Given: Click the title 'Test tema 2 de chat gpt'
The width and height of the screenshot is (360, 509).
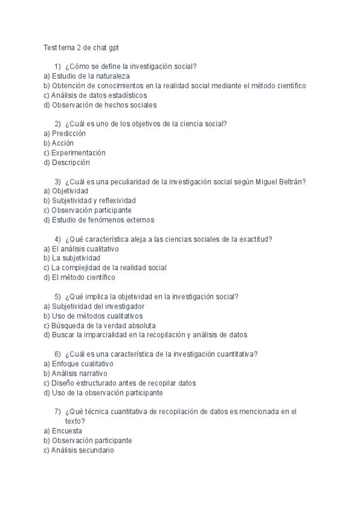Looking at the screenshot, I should (85, 47).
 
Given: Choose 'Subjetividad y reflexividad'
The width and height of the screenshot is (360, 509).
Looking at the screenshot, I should (94, 200).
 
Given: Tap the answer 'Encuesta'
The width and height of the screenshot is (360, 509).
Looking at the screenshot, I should (67, 430).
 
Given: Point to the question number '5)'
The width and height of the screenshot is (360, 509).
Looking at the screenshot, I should (58, 297).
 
